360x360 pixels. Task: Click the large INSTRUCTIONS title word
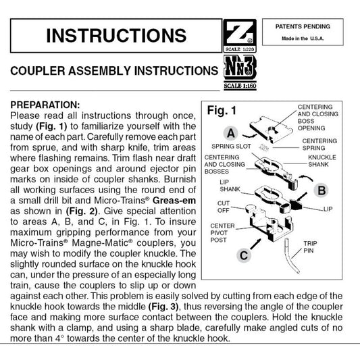[116, 36]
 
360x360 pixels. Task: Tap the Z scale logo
[240, 36]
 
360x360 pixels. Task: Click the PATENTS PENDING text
[303, 26]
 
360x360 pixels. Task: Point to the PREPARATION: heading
[45, 105]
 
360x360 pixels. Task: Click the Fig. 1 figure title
[222, 111]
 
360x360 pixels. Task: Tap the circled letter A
[231, 133]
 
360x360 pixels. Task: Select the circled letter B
[322, 190]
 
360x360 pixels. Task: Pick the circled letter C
[244, 255]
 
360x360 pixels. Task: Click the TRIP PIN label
[310, 247]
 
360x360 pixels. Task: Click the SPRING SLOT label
[231, 147]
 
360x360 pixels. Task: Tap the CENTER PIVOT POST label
[222, 233]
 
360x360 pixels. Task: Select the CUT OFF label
[224, 207]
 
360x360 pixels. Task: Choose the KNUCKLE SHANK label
[322, 161]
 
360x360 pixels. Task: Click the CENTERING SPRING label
[319, 145]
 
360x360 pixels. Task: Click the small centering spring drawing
[264, 147]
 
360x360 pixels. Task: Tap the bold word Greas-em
[174, 201]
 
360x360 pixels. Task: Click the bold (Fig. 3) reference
[163, 307]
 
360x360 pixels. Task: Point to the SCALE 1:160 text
[240, 86]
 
